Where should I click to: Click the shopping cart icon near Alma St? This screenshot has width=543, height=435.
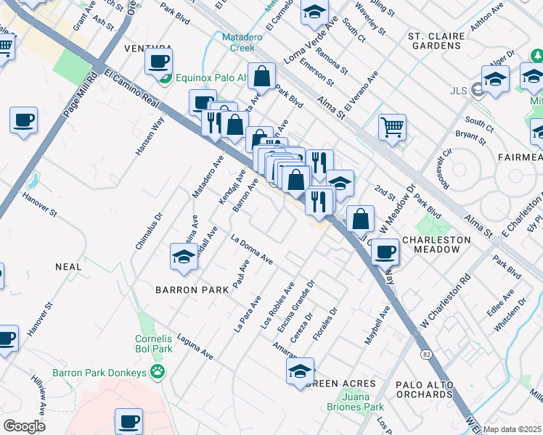point(392,128)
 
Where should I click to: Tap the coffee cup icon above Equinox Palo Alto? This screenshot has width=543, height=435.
point(158,61)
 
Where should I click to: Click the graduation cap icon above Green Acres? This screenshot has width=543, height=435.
point(301,371)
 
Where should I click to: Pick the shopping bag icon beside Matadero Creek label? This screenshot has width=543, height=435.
point(261,75)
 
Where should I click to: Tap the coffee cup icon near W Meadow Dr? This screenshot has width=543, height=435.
point(385,252)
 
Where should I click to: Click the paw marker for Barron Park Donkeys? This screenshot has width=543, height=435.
point(157,373)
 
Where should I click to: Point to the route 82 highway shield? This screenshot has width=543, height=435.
point(428,353)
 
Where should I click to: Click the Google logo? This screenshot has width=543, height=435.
point(24,426)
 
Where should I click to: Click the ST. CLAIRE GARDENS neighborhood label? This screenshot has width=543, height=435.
point(435,40)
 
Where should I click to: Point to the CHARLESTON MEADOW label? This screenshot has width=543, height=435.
point(430,244)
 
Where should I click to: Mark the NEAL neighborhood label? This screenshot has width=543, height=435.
point(68,267)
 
